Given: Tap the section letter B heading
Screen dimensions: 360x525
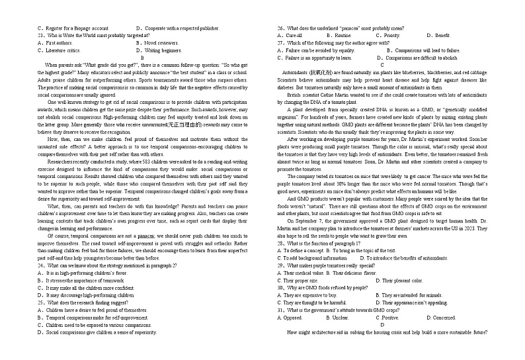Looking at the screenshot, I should coord(141,58).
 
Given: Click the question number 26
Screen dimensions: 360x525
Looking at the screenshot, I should coord(281,28).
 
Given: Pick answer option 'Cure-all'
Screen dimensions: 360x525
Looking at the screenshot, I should coord(296,36).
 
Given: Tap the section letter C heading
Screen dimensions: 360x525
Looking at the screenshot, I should coord(382,65).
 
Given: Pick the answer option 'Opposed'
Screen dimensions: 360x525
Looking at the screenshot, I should coord(294,318).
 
